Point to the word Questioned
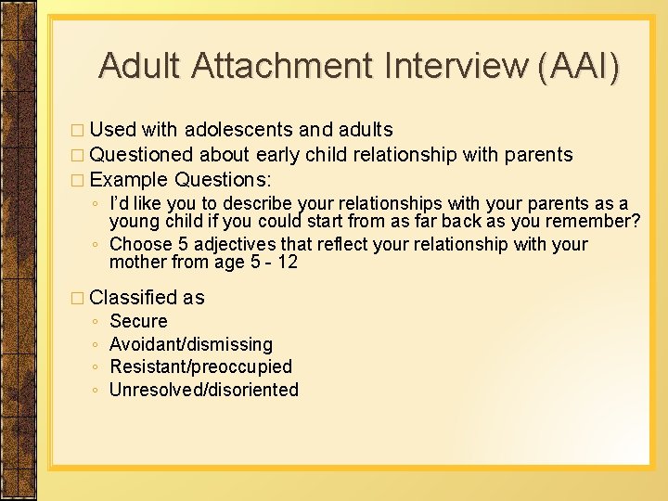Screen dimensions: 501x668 (142, 154)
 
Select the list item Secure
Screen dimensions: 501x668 (138, 322)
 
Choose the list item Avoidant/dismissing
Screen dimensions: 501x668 (191, 344)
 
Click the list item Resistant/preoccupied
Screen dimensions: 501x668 (200, 367)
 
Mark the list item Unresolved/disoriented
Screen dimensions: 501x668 (204, 390)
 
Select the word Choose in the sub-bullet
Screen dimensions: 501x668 (140, 244)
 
